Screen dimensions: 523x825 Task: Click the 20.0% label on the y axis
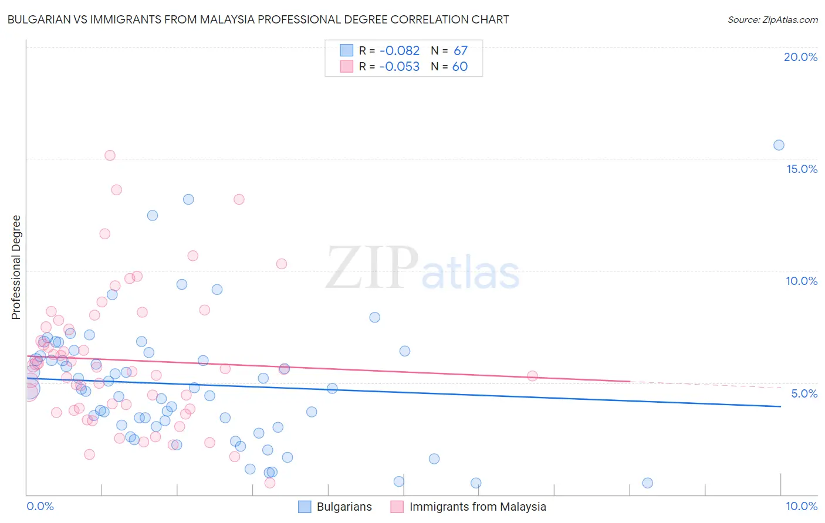pos(800,57)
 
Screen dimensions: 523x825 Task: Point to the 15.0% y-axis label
pos(802,169)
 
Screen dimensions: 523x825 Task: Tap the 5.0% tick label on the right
pos(804,393)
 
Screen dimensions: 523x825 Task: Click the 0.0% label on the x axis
pos(40,506)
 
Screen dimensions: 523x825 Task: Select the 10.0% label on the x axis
pos(801,506)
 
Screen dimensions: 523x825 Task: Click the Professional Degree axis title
pos(16,267)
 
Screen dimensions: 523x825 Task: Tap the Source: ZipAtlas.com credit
pos(772,19)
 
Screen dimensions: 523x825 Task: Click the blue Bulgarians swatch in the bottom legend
pos(305,507)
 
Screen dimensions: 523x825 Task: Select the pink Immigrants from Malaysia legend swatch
pos(397,507)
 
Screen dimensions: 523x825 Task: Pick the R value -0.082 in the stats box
pos(399,51)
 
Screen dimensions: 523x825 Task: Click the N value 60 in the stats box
pos(460,67)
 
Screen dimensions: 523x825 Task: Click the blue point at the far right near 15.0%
pos(779,145)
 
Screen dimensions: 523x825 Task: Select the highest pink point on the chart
pos(110,155)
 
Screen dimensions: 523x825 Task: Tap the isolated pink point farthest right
pos(532,376)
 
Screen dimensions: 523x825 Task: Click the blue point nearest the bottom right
pos(647,483)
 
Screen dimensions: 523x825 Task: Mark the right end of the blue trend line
pos(780,406)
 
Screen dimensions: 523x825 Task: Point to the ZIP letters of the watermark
pos(372,268)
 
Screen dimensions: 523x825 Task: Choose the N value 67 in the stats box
pos(461,51)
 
